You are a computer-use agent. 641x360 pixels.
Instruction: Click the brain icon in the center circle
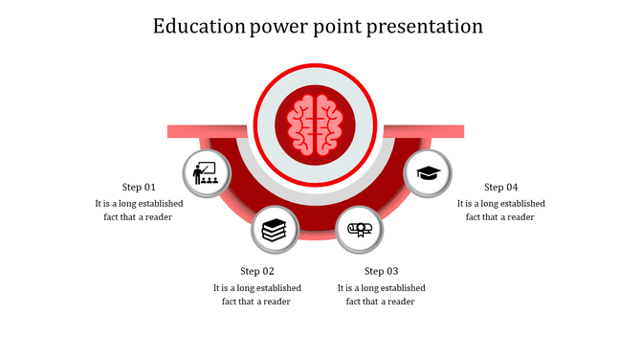tap(316, 124)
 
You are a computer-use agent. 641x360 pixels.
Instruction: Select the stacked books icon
tap(275, 230)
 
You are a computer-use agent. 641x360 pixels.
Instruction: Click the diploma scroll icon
tap(361, 230)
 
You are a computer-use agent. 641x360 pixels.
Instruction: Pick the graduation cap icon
tap(428, 173)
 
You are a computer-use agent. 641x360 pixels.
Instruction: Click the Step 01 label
tap(139, 187)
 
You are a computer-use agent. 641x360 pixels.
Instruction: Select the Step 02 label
tap(257, 271)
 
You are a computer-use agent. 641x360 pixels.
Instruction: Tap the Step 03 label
tap(382, 271)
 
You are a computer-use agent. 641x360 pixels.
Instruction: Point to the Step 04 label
tap(500, 187)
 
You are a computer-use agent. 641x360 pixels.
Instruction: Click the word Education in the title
tap(199, 26)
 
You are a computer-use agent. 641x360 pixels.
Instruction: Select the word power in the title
tap(277, 26)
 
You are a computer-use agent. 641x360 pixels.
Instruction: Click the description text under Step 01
tap(139, 210)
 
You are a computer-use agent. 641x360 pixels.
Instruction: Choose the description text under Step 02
tap(257, 294)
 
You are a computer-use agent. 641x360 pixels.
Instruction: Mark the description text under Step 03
tap(382, 294)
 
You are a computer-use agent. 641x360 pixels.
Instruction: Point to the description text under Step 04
tap(500, 210)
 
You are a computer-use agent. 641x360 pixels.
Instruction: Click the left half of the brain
tap(303, 124)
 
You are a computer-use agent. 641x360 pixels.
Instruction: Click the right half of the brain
tap(328, 124)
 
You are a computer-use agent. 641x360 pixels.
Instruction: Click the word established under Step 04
tap(520, 203)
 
